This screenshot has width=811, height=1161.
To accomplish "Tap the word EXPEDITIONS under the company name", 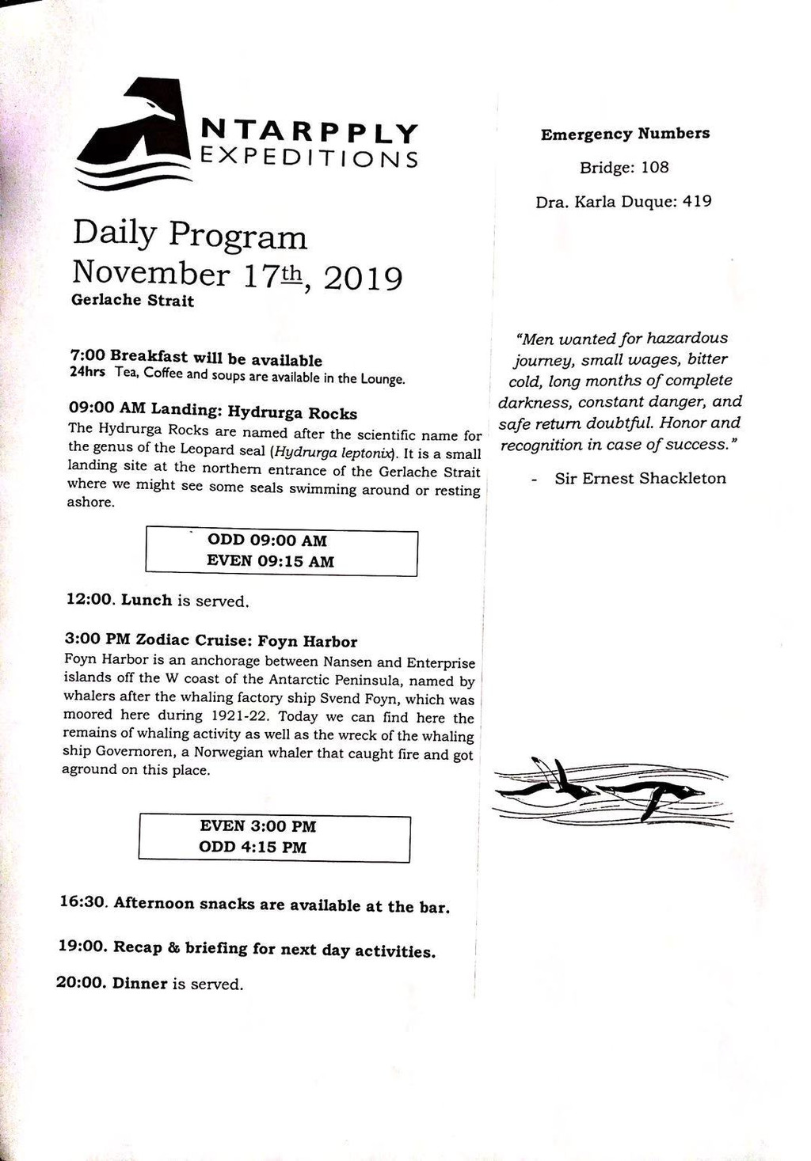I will tap(309, 157).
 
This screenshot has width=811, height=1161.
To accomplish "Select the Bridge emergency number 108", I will tap(655, 168).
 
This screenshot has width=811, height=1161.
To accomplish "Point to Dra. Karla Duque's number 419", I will tap(697, 202).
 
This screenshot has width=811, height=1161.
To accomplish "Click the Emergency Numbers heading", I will tap(625, 134).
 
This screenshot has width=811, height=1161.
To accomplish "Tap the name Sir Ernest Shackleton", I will tap(640, 478).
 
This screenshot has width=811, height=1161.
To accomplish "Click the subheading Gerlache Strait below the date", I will tap(132, 301).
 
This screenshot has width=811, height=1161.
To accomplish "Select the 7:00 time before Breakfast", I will tap(87, 355).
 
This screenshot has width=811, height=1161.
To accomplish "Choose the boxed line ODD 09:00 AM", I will tap(267, 541).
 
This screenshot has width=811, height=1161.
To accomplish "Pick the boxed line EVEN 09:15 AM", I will tap(270, 561).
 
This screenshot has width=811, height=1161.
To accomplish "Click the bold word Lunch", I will tap(147, 600).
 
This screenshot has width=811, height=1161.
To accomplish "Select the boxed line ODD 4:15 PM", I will tap(253, 847).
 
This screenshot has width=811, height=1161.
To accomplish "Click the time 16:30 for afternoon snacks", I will tap(83, 902).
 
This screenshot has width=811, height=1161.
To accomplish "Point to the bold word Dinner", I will tap(139, 984).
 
